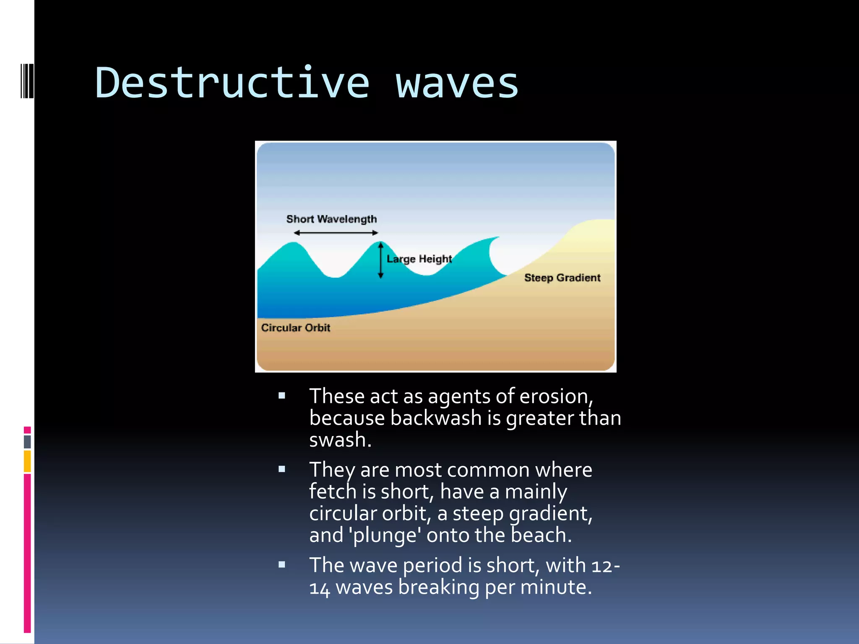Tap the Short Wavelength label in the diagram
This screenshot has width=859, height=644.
(331, 219)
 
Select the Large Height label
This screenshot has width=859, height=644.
(419, 259)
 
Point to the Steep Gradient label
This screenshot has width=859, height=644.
(562, 278)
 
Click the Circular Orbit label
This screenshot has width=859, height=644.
(296, 327)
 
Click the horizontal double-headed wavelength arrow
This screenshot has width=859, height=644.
(336, 233)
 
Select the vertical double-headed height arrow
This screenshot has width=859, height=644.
(381, 260)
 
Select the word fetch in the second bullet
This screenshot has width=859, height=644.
(333, 491)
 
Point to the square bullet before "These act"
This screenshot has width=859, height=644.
(282, 395)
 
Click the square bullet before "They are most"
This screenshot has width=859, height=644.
(282, 469)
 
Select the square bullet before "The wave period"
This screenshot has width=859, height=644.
(282, 564)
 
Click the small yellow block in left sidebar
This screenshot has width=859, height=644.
(27, 461)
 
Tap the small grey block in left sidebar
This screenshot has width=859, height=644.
(27, 441)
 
